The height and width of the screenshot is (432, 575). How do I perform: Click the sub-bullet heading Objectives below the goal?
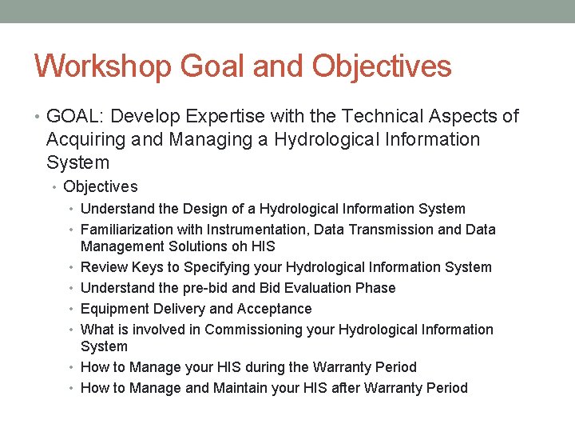point(101,187)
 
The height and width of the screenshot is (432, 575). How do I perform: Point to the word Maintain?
point(242,388)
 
